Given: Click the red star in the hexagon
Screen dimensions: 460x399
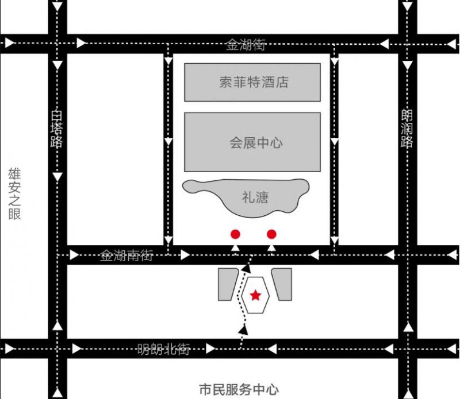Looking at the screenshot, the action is coord(255,295).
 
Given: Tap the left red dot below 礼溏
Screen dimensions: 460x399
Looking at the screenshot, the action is coord(235,234).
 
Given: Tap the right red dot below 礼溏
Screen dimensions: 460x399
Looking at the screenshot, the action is coord(271,234).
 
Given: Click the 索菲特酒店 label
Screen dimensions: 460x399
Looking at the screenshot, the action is coord(254,82).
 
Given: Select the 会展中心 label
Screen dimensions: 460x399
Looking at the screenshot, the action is coord(256,143).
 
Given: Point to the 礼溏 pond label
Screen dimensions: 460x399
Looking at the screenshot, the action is coord(255,197).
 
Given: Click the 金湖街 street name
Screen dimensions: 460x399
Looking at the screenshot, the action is coord(246,45).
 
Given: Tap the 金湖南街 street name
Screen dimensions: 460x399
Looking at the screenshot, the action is coord(126,255).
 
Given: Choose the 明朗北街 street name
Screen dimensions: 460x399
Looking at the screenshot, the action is coord(164,349).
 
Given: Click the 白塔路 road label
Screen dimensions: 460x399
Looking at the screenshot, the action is coord(56,129).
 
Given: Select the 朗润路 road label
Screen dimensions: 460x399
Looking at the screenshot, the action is coord(407,129).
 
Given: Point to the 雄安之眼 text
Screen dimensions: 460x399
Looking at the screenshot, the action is coord(14,193).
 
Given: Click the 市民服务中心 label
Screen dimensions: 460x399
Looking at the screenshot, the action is coord(239,390).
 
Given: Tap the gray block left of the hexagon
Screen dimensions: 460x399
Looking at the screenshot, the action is coord(228,284).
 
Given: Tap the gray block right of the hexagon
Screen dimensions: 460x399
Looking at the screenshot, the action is coord(282,284).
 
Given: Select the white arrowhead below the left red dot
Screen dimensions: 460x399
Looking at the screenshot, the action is coord(235,248).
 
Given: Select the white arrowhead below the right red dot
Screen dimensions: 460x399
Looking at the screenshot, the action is coord(271,248).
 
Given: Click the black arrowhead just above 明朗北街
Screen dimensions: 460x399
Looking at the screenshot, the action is coord(243,330).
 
